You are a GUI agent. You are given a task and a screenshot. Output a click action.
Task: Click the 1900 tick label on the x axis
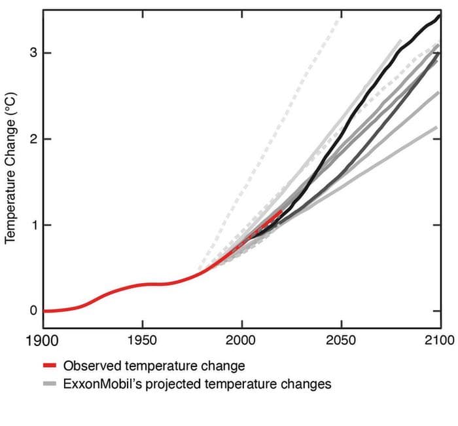point(43,341)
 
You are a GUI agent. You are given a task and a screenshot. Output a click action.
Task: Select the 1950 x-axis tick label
point(142,341)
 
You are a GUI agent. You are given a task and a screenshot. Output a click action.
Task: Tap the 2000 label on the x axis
point(241,341)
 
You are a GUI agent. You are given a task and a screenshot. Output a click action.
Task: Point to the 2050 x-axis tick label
point(340,341)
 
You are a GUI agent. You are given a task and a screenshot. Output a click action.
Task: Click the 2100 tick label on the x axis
point(439,341)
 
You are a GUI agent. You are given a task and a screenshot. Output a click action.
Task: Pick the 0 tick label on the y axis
point(33,311)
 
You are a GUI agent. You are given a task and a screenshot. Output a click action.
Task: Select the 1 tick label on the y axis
point(33,225)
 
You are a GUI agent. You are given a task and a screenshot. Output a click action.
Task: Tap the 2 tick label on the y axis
point(33,139)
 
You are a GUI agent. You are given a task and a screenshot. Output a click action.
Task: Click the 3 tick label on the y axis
point(33,53)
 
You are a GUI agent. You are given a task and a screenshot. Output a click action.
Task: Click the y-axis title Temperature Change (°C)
point(10,168)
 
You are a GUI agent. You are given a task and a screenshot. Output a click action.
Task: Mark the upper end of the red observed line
point(281,211)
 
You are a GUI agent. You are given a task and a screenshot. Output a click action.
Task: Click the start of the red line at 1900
point(44,311)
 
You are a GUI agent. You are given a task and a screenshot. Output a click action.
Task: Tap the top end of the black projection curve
point(439,15)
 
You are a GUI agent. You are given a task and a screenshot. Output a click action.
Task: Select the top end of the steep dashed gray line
point(340,17)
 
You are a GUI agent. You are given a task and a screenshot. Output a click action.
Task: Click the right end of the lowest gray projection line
point(436,127)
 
